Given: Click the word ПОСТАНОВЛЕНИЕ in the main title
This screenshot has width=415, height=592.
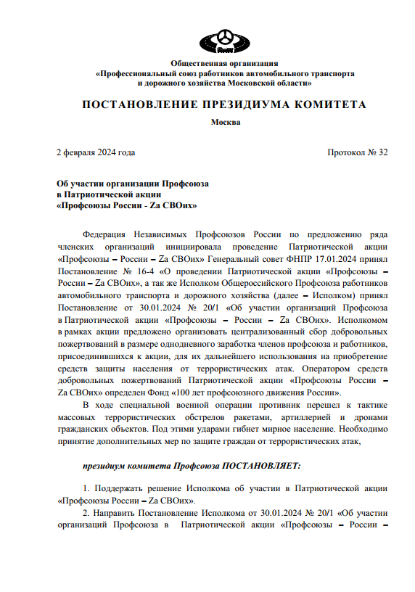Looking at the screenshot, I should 135,105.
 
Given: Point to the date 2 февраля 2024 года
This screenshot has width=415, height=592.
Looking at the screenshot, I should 96,152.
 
